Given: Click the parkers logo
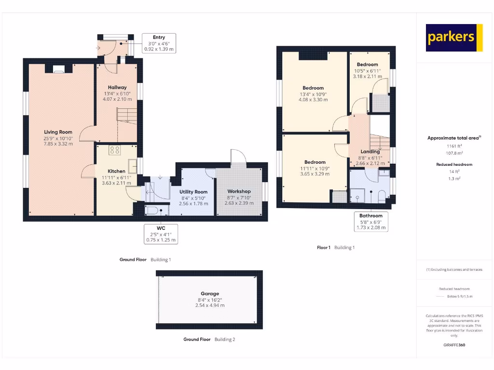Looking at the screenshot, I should (454, 38).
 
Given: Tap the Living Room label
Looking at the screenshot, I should (58, 132).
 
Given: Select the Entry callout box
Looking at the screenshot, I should (159, 43).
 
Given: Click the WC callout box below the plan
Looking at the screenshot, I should (161, 234).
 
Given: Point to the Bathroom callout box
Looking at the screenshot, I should (370, 222).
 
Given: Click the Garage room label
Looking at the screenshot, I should (210, 293).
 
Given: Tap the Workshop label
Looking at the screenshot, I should (239, 191).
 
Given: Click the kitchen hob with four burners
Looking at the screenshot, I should (115, 150).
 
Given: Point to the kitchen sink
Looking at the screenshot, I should (133, 165).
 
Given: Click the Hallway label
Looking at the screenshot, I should (117, 87).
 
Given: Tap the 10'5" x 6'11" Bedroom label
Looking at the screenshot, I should (367, 65).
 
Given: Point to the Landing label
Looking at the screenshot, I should (370, 152).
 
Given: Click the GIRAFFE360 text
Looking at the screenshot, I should (454, 345).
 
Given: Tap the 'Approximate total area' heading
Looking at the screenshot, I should (454, 138).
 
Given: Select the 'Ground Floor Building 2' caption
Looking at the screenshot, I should (209, 339).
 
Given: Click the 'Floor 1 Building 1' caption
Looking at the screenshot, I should (335, 248).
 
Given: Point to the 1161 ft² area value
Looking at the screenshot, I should (454, 145).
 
